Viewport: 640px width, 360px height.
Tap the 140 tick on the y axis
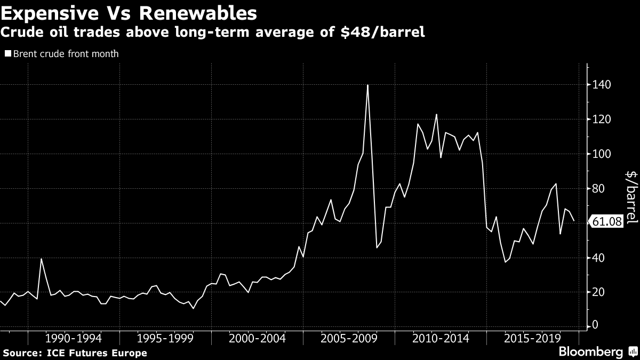coord(601,85)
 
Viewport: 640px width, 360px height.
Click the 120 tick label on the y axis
coord(601,119)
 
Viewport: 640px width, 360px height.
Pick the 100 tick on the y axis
coord(601,154)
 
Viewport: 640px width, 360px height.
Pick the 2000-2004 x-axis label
coord(257,339)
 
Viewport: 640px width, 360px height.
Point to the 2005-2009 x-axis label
coord(349,339)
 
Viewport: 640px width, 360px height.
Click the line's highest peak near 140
coord(368,85)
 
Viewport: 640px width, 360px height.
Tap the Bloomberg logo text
coord(590,351)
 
